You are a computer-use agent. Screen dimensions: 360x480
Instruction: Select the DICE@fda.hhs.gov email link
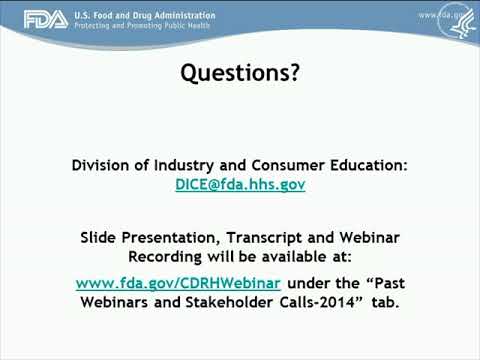click(240, 185)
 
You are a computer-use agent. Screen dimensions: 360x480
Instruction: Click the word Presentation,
click(171, 237)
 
